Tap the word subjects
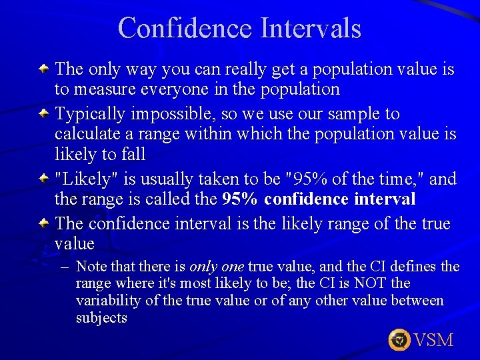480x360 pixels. coord(101,318)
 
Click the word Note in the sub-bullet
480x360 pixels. coord(91,267)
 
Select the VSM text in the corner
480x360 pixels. coord(433,340)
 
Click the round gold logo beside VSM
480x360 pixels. coord(399,340)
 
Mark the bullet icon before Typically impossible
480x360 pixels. coord(43,113)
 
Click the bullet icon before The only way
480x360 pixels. coord(43,68)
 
